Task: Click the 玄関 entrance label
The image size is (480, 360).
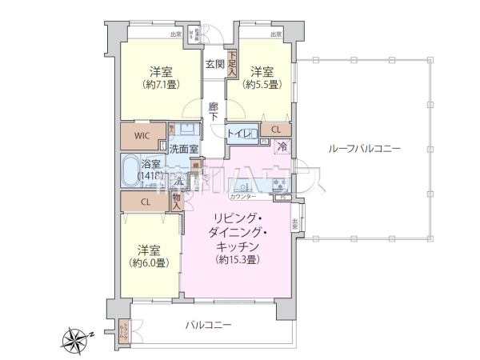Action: pyautogui.click(x=214, y=64)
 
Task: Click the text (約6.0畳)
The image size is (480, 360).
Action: pyautogui.click(x=150, y=262)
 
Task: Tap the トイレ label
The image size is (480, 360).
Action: pyautogui.click(x=242, y=134)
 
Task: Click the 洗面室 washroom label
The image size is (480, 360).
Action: pyautogui.click(x=183, y=149)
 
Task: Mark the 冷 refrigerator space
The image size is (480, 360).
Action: pyautogui.click(x=282, y=146)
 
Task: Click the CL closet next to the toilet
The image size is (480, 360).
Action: pyautogui.click(x=275, y=130)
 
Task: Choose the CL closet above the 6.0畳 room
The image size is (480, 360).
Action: pyautogui.click(x=146, y=202)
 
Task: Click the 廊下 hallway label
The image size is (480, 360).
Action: pyautogui.click(x=214, y=110)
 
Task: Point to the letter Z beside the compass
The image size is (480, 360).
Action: pyautogui.click(x=92, y=333)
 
